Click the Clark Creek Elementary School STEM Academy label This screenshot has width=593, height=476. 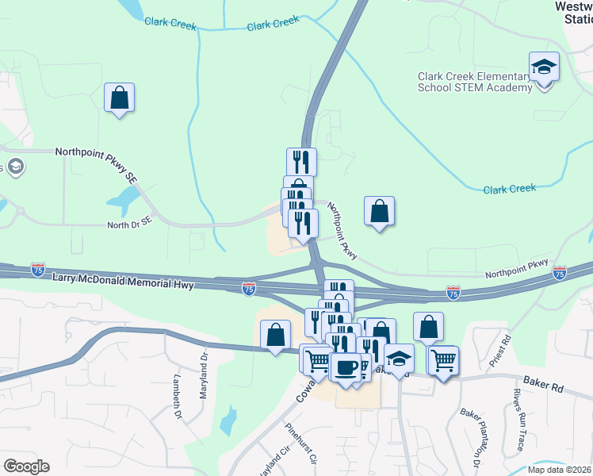coord(475,82)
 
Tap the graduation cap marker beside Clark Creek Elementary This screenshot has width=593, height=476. coord(545,67)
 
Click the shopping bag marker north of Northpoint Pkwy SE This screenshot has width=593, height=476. coord(119,98)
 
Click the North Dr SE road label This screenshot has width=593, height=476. coord(128,225)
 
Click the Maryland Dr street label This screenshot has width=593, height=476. coord(204,369)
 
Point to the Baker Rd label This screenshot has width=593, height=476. coord(546,388)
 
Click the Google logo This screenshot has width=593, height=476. coord(26,466)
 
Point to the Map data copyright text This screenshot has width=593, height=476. coord(559,470)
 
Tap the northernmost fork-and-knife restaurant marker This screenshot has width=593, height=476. coord(301,162)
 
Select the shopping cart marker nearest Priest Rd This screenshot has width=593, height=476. coord(443,361)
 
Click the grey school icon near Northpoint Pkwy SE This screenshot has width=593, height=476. coord(14,167)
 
